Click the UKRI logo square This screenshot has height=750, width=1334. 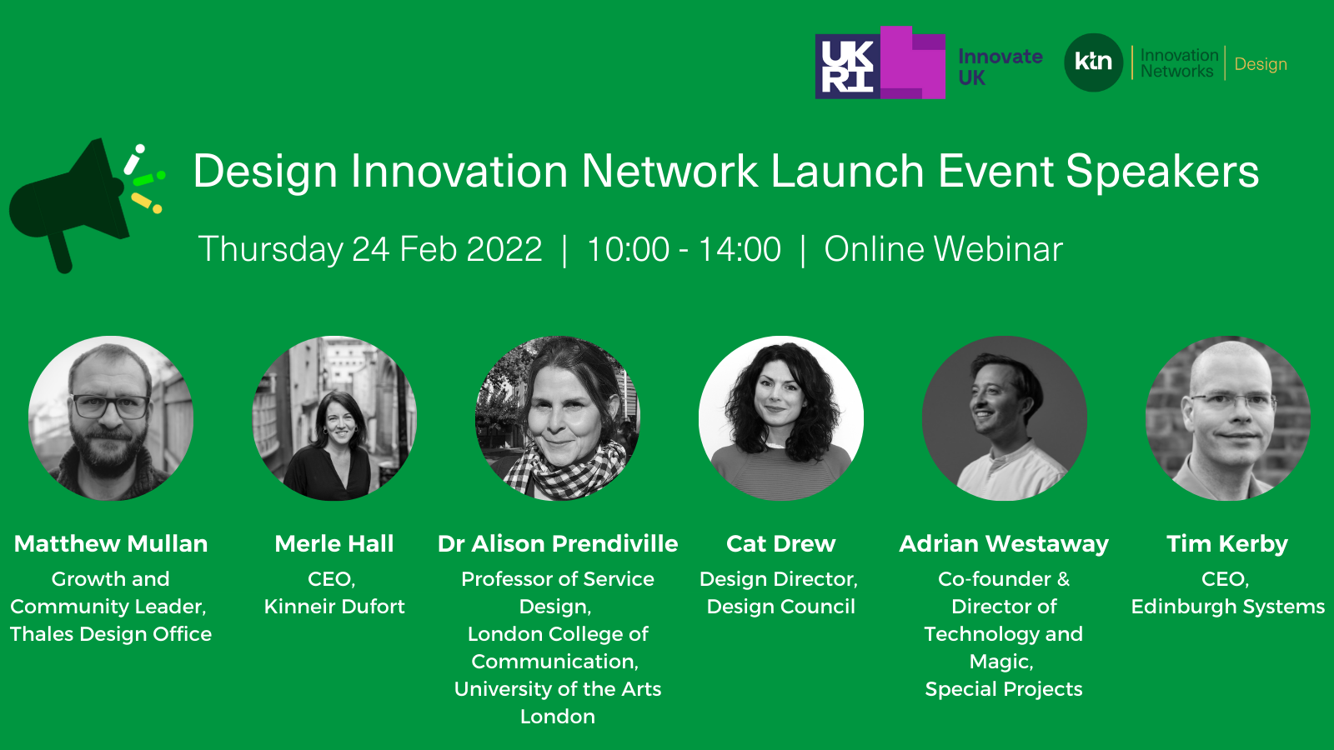(x=847, y=66)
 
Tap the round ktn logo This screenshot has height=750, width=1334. (x=1093, y=62)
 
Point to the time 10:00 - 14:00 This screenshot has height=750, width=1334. (x=684, y=249)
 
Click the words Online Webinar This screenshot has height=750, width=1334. (x=943, y=249)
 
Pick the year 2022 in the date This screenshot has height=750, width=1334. (x=504, y=249)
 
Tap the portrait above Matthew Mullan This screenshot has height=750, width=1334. (x=111, y=418)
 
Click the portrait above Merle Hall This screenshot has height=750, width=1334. (x=334, y=418)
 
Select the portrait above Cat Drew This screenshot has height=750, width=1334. (x=780, y=418)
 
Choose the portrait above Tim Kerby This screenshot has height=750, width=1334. (x=1227, y=418)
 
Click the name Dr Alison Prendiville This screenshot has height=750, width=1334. (x=558, y=543)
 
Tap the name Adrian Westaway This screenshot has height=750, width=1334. (x=1004, y=543)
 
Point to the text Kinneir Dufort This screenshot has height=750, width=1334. (x=334, y=607)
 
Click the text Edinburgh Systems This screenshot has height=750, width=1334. (x=1228, y=607)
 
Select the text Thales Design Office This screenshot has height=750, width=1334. (x=111, y=634)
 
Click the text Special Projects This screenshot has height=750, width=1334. (x=1004, y=689)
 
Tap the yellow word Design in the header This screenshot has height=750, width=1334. (x=1261, y=64)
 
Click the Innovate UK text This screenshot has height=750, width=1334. (x=1000, y=67)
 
